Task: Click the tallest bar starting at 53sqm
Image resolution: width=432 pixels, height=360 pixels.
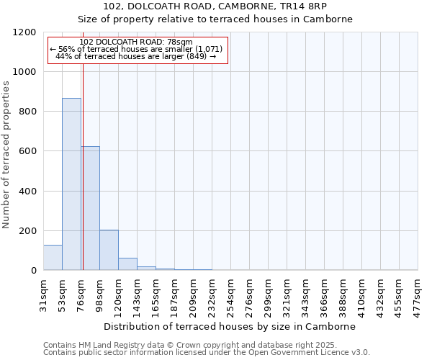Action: click(x=71, y=184)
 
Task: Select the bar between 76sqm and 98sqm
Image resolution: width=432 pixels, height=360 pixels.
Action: click(x=90, y=209)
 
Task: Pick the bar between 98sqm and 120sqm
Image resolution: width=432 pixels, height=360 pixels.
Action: click(x=109, y=251)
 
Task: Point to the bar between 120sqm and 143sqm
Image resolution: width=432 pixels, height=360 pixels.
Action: click(x=127, y=264)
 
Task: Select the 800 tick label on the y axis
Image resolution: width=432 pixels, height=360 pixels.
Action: click(x=28, y=112)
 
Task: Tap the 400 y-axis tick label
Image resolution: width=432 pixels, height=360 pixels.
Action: click(x=28, y=192)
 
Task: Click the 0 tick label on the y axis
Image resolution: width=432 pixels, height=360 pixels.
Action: click(x=34, y=271)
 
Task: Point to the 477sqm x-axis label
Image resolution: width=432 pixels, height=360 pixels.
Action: click(x=418, y=294)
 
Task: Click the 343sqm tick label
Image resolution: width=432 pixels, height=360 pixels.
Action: click(x=306, y=294)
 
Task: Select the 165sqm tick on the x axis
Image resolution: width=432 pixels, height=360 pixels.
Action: click(x=156, y=294)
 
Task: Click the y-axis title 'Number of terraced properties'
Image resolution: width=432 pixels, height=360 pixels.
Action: click(x=7, y=155)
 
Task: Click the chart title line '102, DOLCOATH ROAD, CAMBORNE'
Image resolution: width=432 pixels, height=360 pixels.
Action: click(x=215, y=6)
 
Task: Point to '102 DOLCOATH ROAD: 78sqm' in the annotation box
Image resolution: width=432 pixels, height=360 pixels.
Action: click(x=136, y=42)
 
